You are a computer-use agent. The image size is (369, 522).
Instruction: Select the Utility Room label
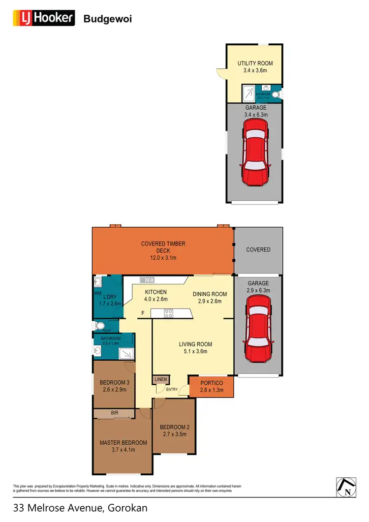255,63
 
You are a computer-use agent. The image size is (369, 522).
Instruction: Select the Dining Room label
210,294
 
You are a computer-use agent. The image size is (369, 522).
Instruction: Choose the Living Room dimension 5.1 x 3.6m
195,351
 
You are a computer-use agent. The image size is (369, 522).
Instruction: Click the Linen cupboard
161,379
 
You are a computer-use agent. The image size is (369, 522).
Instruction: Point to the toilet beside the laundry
100,325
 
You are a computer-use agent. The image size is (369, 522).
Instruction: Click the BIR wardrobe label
114,413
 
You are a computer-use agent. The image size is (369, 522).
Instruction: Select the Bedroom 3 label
114,383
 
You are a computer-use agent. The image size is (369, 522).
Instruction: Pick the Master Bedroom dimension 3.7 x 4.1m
117,449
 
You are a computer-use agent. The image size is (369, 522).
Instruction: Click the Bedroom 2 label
174,427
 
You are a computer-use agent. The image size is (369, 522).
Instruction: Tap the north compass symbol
346,487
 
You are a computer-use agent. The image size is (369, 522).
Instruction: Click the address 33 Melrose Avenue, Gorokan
80,508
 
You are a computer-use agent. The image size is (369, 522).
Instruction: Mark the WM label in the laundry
97,293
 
